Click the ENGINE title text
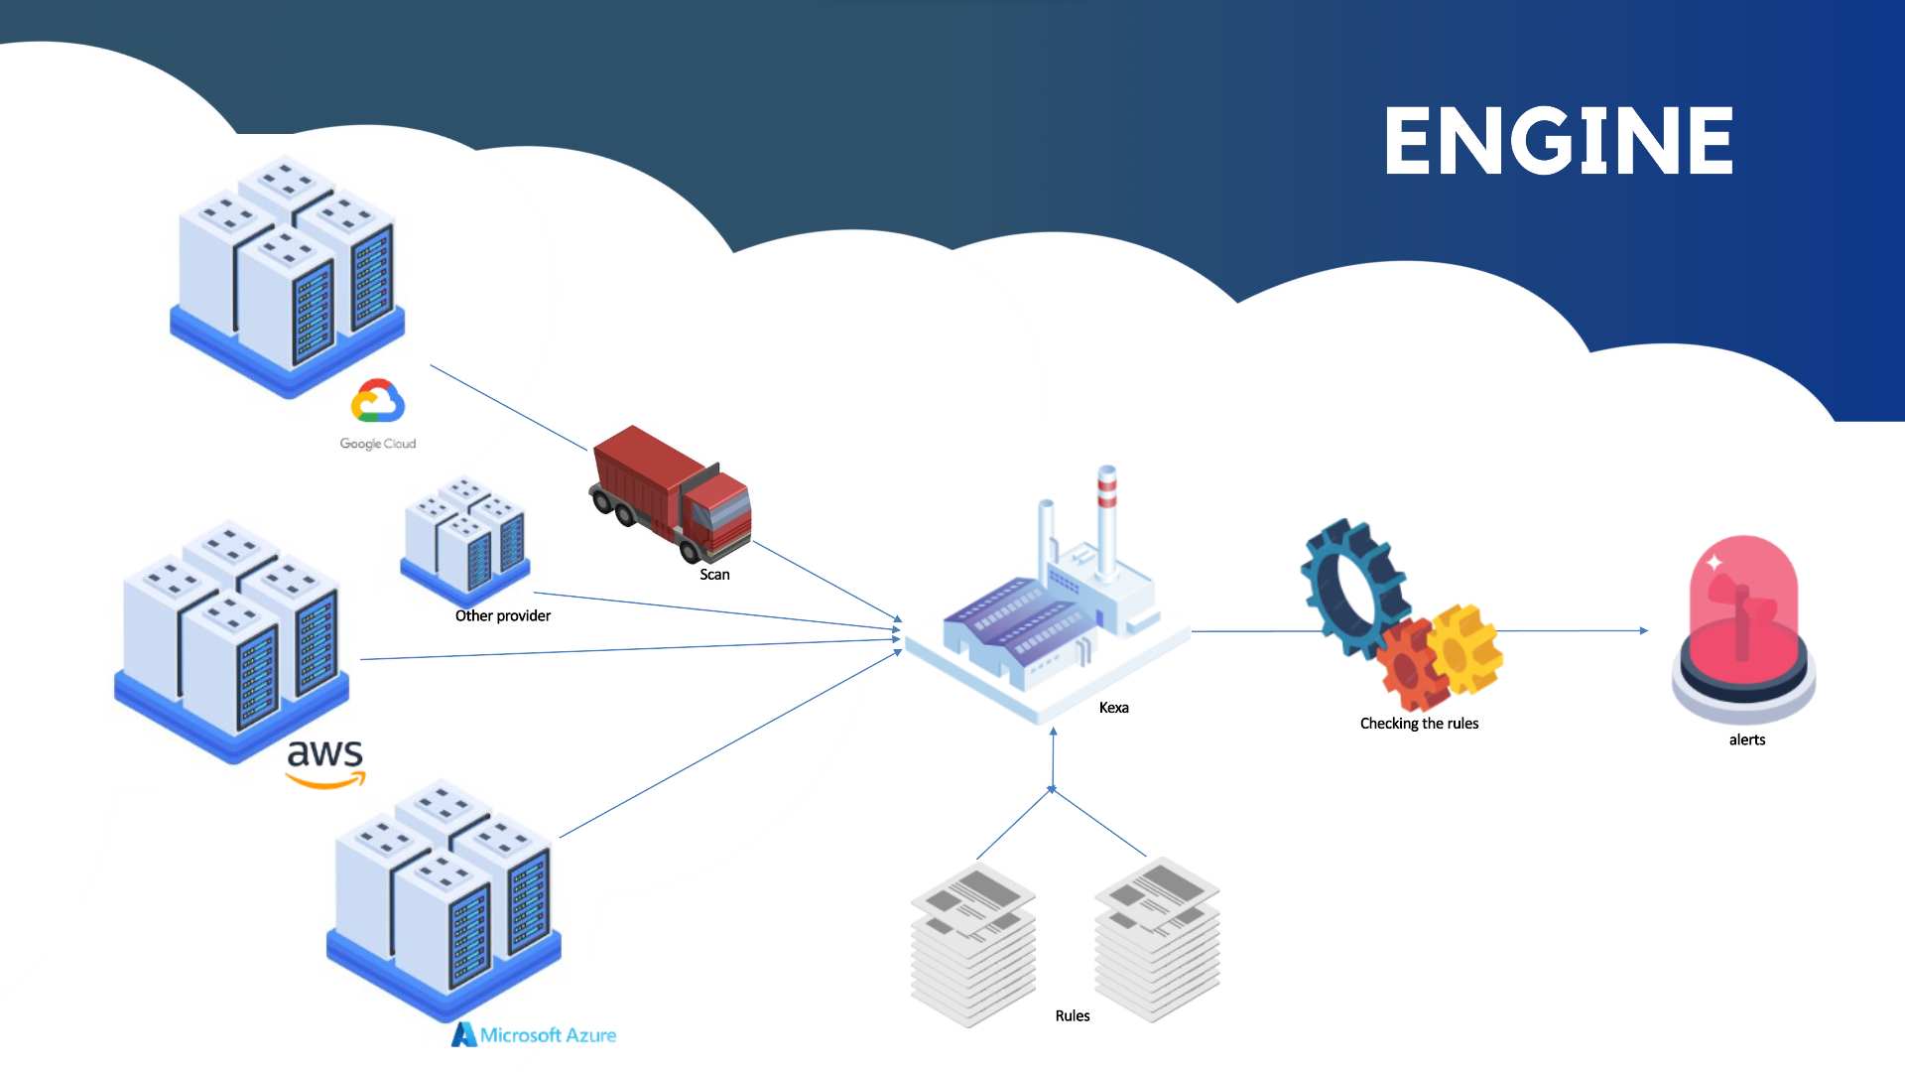click(x=1558, y=141)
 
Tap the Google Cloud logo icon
click(x=377, y=401)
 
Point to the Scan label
click(x=714, y=575)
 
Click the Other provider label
click(x=502, y=615)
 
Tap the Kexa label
click(x=1113, y=708)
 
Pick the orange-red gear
click(x=1411, y=665)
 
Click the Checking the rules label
click(x=1419, y=724)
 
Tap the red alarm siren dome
click(x=1743, y=605)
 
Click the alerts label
click(x=1746, y=739)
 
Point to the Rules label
click(x=1072, y=1015)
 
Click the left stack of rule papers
click(x=972, y=943)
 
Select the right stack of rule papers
click(x=1157, y=938)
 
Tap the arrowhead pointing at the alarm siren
click(x=1643, y=630)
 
